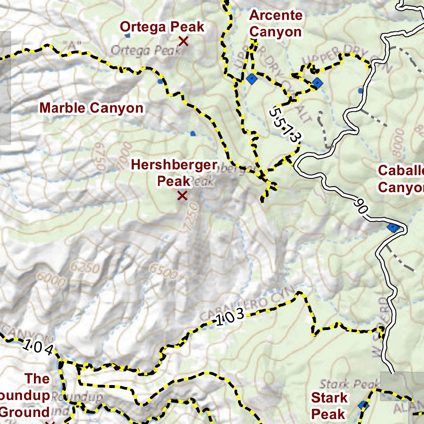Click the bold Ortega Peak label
pos(162,27)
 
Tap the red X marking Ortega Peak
pos(183,41)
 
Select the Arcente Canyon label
pos(276,24)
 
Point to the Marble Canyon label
pos(92,108)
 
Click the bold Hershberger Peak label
pos(174,173)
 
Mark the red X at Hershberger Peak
pos(182,195)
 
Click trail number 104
pos(38,347)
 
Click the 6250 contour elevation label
pos(84,267)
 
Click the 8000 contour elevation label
pos(398,143)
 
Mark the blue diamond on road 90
pos(392,227)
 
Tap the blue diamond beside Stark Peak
pos(363,405)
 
